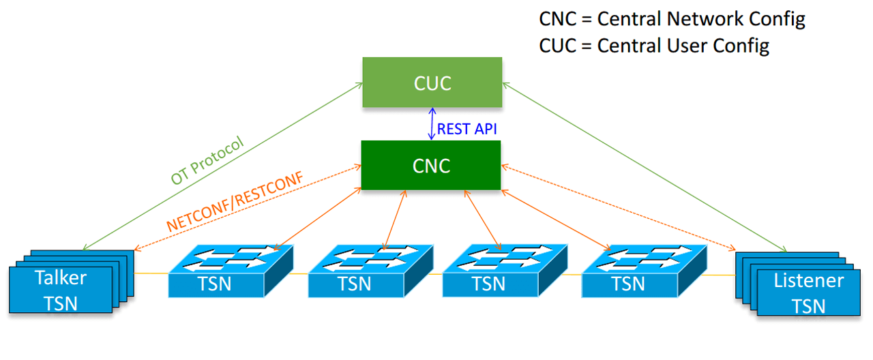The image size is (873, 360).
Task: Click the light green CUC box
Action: point(432,82)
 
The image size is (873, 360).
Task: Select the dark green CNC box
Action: point(432,165)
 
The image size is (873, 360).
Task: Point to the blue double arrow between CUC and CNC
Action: point(431,124)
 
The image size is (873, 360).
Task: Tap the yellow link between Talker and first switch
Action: point(151,274)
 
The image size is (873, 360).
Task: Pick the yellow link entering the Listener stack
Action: point(722,275)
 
